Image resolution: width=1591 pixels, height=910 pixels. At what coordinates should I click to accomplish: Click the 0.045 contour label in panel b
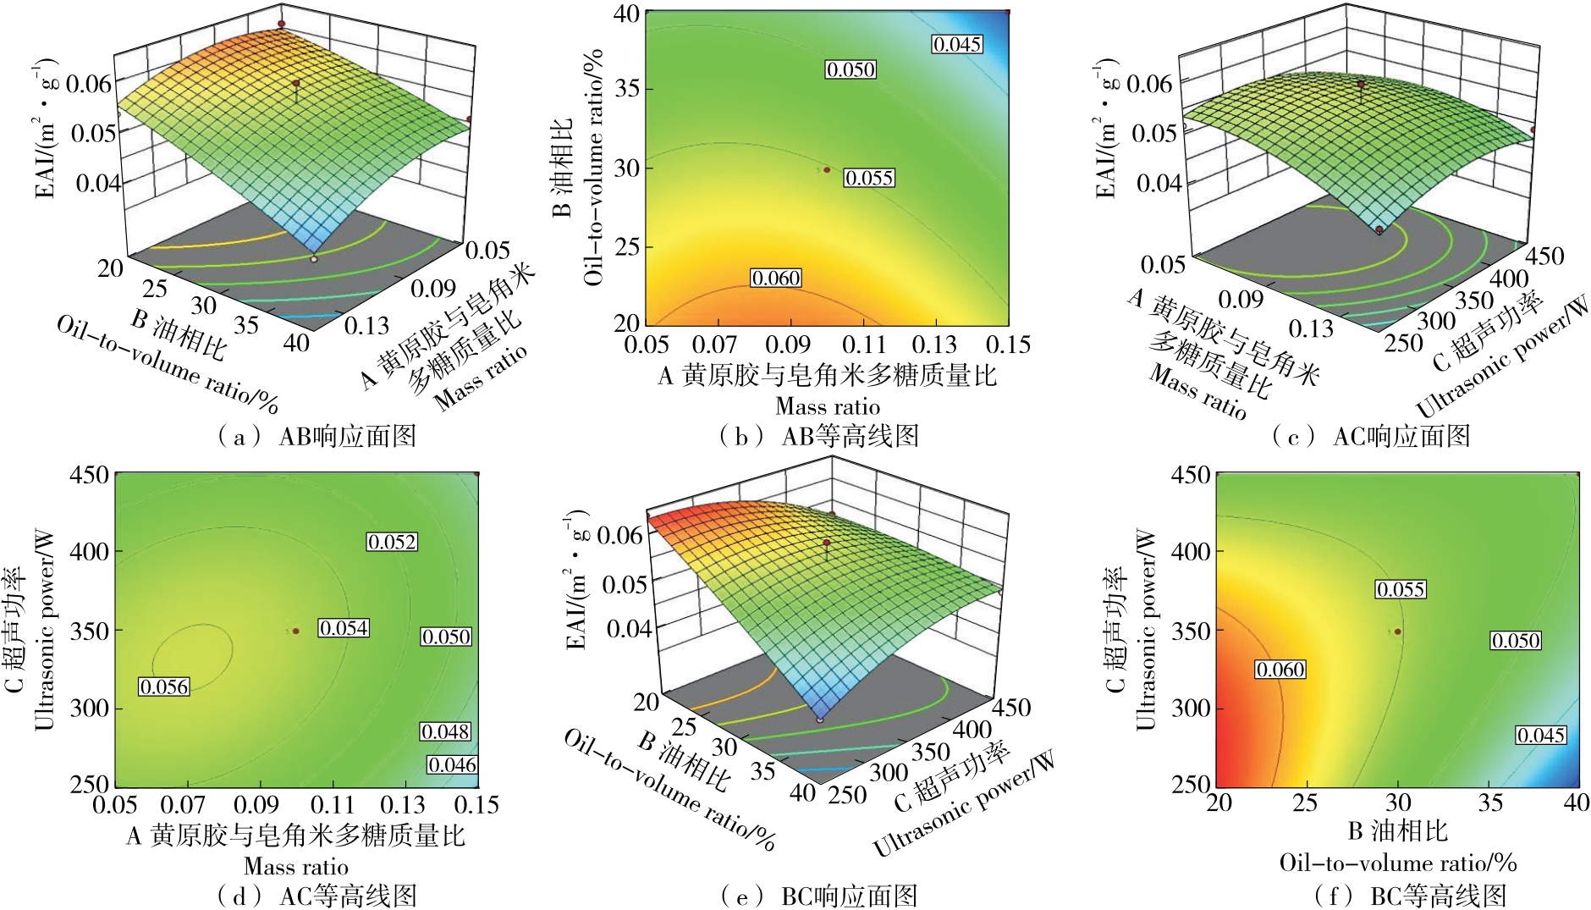coord(957,44)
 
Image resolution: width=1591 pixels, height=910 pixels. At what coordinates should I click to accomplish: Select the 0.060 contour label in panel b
coord(776,278)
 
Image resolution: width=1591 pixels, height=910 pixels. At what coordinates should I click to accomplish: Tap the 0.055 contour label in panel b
coord(869,178)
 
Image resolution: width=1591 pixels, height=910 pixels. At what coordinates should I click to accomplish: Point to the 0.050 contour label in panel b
coord(851,69)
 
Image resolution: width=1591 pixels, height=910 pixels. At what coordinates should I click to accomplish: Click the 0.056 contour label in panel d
coord(164,687)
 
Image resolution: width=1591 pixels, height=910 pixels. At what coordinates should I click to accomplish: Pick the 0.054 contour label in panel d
coord(344,627)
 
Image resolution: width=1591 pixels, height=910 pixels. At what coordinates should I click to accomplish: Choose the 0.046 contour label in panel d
coord(453,764)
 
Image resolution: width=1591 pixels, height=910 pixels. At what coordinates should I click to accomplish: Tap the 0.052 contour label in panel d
coord(392,542)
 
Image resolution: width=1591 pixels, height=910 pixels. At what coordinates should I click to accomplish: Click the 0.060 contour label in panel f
coord(1280,670)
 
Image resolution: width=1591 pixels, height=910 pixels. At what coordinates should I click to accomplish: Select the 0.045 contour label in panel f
coord(1540,735)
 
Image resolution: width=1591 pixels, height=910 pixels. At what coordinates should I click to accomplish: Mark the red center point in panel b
coord(828,169)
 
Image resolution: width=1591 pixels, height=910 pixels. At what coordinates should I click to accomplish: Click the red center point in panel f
coord(1398,631)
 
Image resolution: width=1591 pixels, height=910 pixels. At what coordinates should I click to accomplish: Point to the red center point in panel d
coord(295,631)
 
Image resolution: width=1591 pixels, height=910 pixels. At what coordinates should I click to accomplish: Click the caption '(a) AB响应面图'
coord(317,436)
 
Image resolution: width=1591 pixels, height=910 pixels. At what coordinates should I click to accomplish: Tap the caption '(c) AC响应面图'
coord(1371,436)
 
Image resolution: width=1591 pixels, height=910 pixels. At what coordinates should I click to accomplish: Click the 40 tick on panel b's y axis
coord(626,15)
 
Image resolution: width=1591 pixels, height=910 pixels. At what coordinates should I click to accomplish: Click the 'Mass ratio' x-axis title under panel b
coord(828,406)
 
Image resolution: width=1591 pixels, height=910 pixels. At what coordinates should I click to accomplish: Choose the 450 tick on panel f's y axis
coord(1190,475)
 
